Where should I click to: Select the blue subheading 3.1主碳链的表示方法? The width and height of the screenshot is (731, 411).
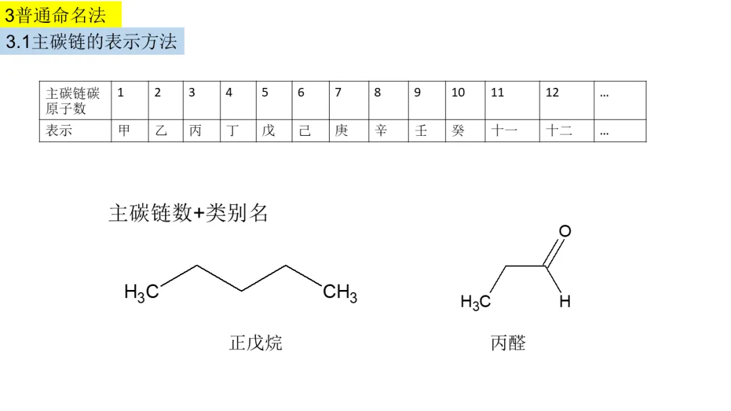click(x=91, y=42)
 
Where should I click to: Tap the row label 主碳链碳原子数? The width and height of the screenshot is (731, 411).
click(x=72, y=101)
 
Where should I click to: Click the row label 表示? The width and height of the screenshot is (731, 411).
click(x=59, y=131)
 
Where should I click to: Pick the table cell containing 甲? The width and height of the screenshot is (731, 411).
click(x=125, y=131)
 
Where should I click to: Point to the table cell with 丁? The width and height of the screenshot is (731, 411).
click(x=233, y=131)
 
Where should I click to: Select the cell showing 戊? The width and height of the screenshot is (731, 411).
click(x=269, y=131)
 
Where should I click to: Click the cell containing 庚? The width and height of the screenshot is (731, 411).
click(x=342, y=131)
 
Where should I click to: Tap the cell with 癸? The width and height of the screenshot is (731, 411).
click(x=458, y=131)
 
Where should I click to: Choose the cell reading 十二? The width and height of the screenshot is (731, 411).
click(x=559, y=131)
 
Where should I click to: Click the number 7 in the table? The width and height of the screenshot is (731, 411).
click(x=338, y=93)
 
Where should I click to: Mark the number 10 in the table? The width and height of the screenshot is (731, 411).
click(x=458, y=93)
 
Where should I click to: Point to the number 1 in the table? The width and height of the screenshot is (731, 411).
click(x=121, y=93)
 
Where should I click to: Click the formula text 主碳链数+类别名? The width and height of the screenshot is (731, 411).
click(x=189, y=214)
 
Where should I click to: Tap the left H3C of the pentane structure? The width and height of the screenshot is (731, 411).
click(x=141, y=292)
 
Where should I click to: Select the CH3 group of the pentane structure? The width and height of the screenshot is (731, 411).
click(x=340, y=293)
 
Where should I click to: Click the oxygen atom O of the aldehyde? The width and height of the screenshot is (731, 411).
click(x=564, y=232)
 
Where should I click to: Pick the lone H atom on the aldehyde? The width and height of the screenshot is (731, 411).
click(x=564, y=301)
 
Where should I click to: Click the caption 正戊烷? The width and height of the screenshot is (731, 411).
click(x=256, y=343)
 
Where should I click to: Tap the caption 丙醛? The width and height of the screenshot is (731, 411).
click(x=508, y=343)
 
